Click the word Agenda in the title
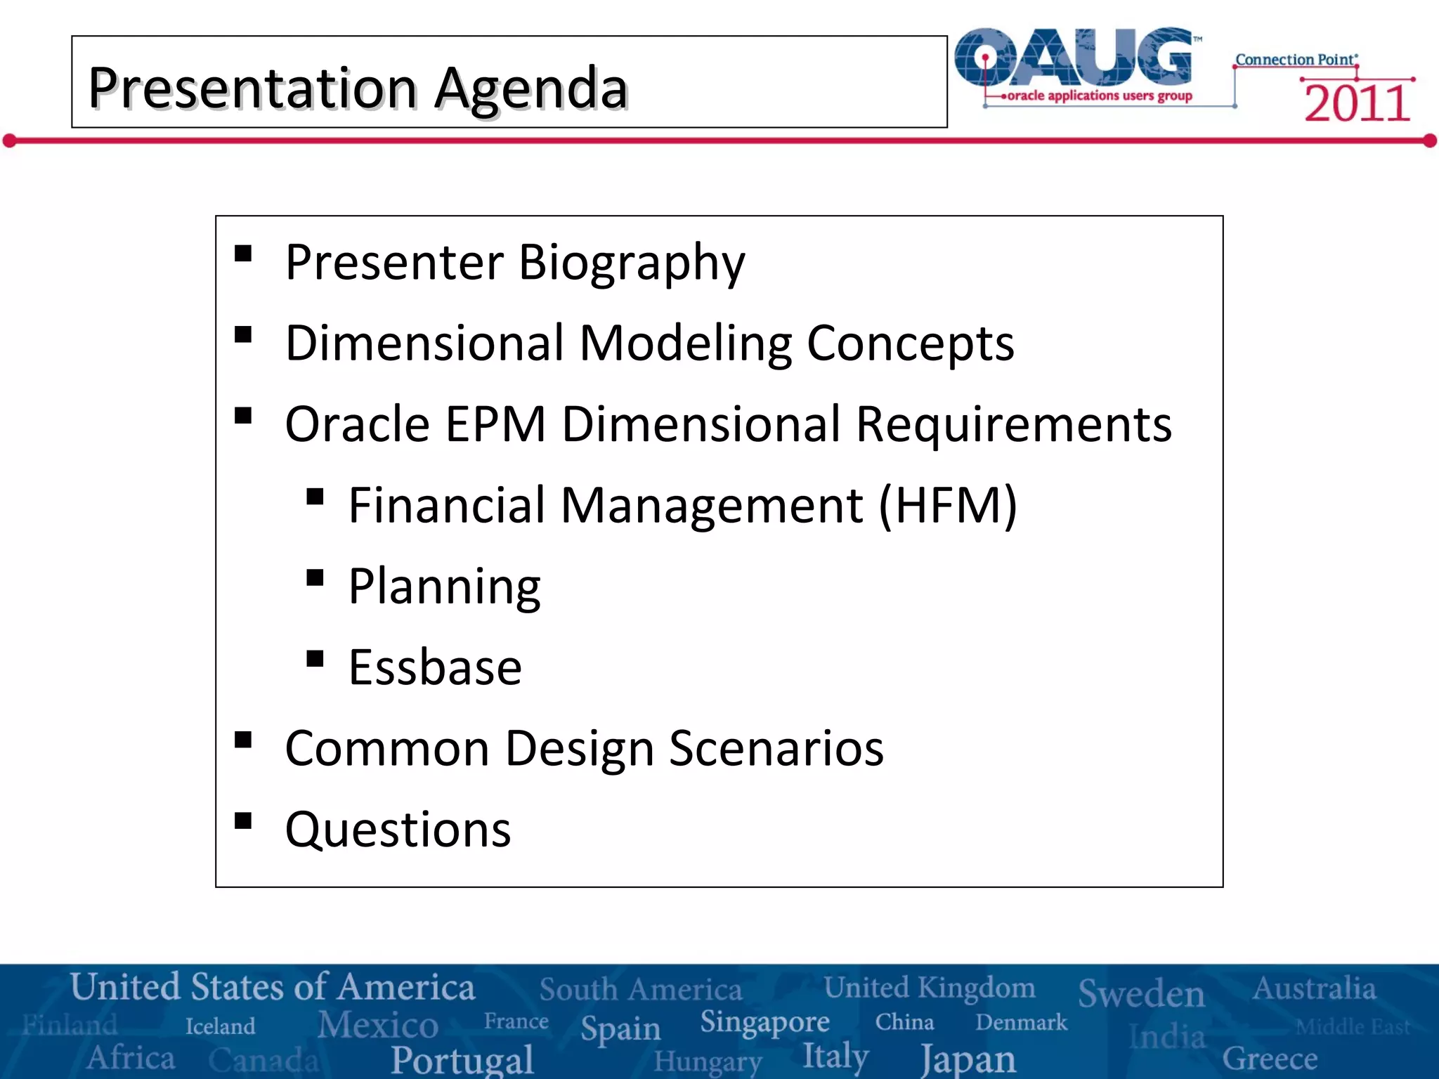[x=530, y=89]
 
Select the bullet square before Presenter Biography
[x=243, y=254]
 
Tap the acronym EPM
[x=495, y=424]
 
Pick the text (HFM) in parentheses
[x=947, y=505]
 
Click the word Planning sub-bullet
[x=444, y=587]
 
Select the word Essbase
[x=435, y=667]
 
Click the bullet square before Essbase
[x=315, y=659]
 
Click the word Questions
[x=398, y=830]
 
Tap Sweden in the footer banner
[x=1141, y=993]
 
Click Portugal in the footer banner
[x=462, y=1059]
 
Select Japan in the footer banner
[x=968, y=1059]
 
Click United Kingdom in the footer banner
[x=929, y=988]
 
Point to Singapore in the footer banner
[x=764, y=1022]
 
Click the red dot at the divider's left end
[x=9, y=141]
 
